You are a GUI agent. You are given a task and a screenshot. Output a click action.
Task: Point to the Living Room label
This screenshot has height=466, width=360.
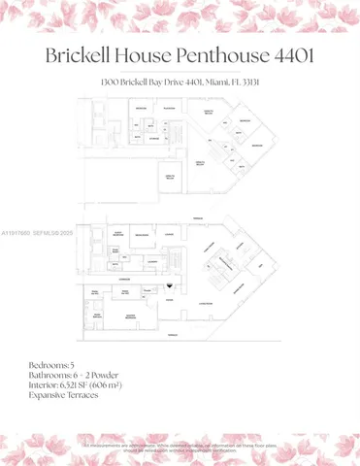click(x=207, y=303)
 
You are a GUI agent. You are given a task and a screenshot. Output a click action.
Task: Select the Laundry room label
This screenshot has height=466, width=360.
click(x=152, y=261)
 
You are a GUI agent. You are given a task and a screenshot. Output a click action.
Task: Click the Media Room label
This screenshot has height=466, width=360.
click(x=142, y=236)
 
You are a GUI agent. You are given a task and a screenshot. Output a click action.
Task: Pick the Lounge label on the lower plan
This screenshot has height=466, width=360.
click(x=169, y=234)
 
